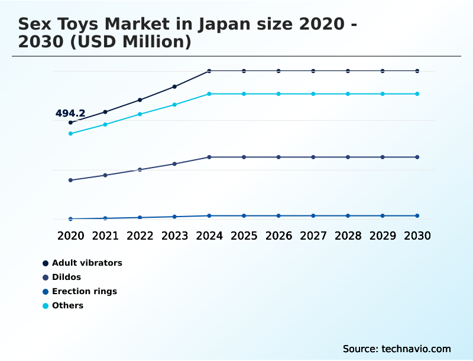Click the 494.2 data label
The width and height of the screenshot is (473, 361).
(70, 113)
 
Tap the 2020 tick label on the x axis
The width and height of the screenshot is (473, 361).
(70, 236)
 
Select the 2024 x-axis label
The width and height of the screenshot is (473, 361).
(209, 236)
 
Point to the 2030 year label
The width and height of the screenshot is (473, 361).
(417, 236)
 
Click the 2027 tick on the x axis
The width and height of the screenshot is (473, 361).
(313, 236)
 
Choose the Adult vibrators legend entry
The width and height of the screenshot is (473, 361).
(87, 263)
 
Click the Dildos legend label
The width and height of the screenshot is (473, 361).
(66, 277)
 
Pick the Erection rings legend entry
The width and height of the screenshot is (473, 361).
(84, 291)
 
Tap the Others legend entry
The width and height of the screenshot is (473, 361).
(67, 305)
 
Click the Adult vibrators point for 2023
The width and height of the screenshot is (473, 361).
(174, 86)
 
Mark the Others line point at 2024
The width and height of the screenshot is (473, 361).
(209, 94)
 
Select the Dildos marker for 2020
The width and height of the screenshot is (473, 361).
(70, 180)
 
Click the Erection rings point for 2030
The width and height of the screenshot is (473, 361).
(417, 215)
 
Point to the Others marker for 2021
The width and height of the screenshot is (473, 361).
(105, 124)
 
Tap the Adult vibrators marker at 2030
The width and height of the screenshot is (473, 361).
(417, 71)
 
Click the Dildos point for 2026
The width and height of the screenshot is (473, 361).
(278, 157)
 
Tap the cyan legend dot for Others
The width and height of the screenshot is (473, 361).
(46, 305)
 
